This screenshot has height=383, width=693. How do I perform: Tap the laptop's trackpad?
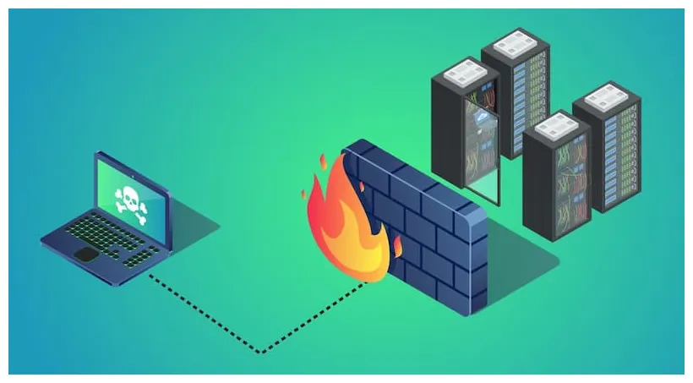coord(85,253)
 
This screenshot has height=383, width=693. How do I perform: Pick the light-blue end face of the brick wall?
coord(477,262)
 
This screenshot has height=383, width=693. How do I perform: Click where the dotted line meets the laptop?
coord(150,274)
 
